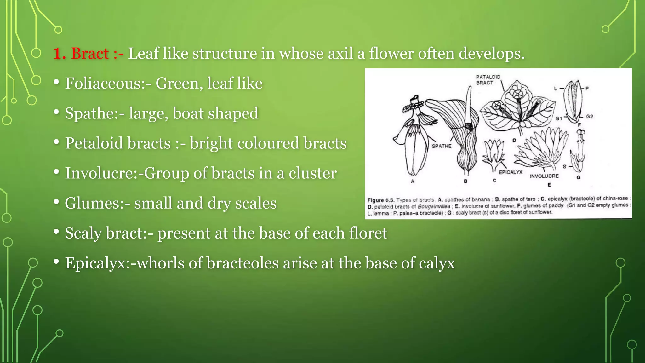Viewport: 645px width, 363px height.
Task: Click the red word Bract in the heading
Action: [x=90, y=53]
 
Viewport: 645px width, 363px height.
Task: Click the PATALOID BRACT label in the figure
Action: [x=488, y=80]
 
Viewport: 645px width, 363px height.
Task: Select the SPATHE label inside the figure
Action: [x=441, y=146]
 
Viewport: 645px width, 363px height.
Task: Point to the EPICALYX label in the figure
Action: [x=511, y=172]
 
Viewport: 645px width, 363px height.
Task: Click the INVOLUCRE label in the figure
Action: [x=544, y=176]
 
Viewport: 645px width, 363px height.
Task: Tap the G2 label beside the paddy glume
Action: [x=590, y=117]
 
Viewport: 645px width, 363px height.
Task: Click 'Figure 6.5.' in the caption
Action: [x=380, y=200]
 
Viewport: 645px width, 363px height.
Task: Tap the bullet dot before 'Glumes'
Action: [x=56, y=202]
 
